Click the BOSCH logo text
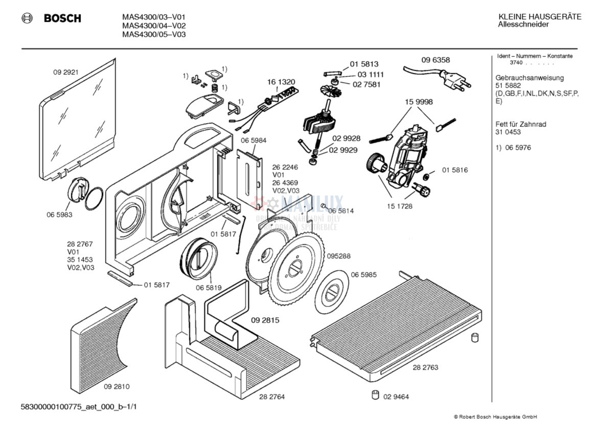point(62,18)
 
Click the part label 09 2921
point(65,72)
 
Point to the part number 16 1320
point(281,82)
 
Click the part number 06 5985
point(363,274)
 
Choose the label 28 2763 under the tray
point(425,367)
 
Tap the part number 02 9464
point(396,396)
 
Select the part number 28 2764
point(272,396)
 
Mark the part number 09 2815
point(265,320)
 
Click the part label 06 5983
point(59,215)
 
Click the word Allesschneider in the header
point(523,25)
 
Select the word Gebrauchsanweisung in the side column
point(530,78)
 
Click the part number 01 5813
point(364,64)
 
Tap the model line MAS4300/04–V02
point(154,26)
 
